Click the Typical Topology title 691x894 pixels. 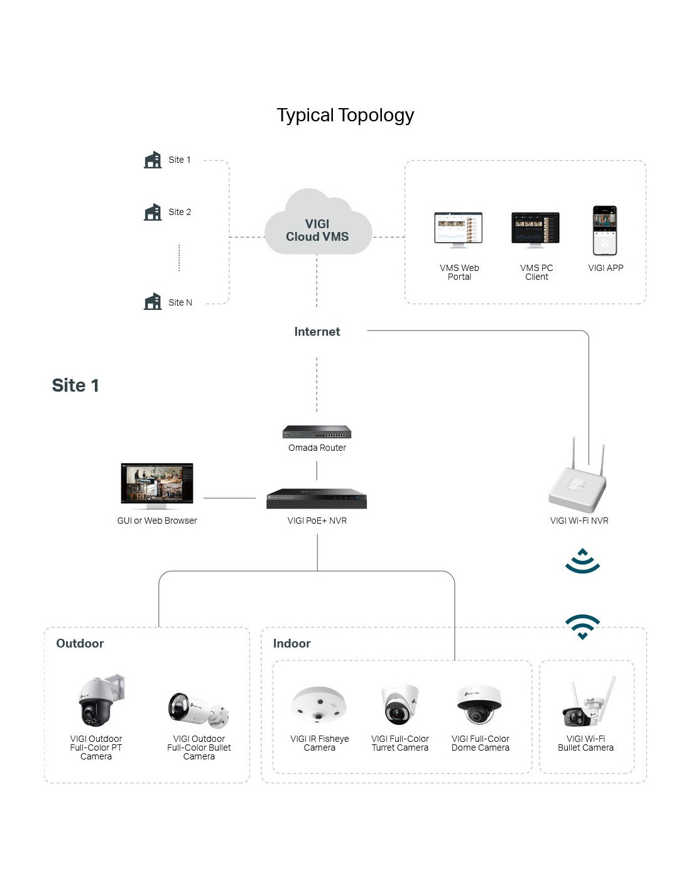(345, 115)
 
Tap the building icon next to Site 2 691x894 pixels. (153, 212)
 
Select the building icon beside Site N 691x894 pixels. (153, 301)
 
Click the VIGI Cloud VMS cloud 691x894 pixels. (318, 221)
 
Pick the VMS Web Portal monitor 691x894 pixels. (459, 230)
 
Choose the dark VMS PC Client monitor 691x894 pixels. (535, 230)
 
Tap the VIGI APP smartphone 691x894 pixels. (605, 230)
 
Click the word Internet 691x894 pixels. (317, 331)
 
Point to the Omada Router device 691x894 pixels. (317, 432)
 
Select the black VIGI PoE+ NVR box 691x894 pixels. (317, 499)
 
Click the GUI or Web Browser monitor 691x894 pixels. (156, 486)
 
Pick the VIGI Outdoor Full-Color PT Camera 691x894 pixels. (101, 700)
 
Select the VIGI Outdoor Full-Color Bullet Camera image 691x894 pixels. (198, 710)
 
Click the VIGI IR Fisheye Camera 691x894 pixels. (319, 704)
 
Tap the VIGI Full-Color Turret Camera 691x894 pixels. (399, 704)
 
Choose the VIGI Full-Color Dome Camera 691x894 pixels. (479, 704)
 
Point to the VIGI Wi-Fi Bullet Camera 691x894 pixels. (588, 702)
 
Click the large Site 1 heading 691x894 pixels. (75, 385)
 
